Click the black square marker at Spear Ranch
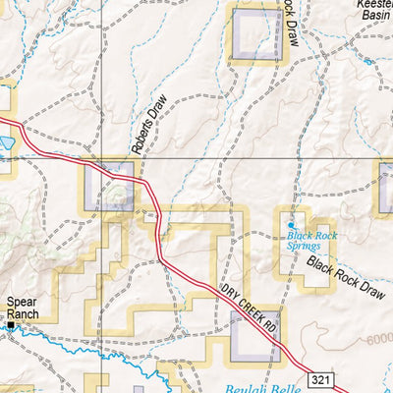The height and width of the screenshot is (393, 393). pyautogui.click(x=11, y=324)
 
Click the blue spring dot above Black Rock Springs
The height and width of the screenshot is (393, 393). pyautogui.click(x=289, y=225)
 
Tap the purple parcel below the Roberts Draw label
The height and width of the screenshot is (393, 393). pyautogui.click(x=109, y=187)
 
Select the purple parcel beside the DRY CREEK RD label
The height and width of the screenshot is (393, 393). pyautogui.click(x=253, y=335)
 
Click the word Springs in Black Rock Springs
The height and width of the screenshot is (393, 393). pyautogui.click(x=305, y=247)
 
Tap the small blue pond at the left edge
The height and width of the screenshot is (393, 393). pyautogui.click(x=5, y=142)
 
